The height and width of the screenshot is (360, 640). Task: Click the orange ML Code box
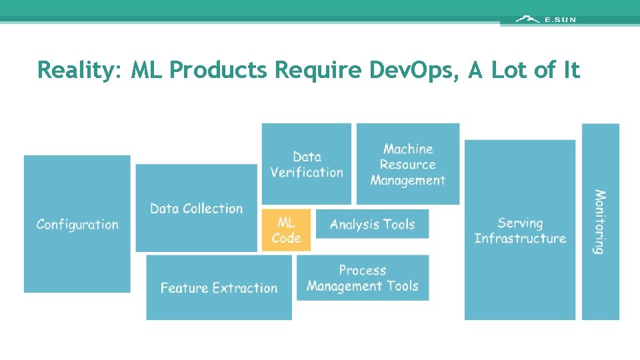pos(286,230)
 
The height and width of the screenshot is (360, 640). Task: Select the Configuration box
pos(77,224)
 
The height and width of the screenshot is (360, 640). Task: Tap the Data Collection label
pos(196,209)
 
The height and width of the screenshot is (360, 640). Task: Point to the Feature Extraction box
pos(219,287)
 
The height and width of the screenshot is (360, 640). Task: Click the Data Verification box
pos(307,164)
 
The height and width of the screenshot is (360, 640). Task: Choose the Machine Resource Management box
pos(408,164)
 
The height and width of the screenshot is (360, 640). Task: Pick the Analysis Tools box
pos(372,224)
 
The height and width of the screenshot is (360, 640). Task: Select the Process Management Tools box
pos(363,278)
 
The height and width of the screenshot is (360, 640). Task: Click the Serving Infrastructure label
pos(520,231)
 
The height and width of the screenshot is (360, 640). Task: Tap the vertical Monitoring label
pos(600,222)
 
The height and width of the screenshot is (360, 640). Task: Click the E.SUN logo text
pos(560,20)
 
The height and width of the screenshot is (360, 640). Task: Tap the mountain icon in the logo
pos(527,19)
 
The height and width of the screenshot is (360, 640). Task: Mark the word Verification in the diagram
pos(307,172)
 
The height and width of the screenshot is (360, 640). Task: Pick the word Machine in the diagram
pos(408,149)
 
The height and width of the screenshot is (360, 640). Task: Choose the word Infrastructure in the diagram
pos(520,239)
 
